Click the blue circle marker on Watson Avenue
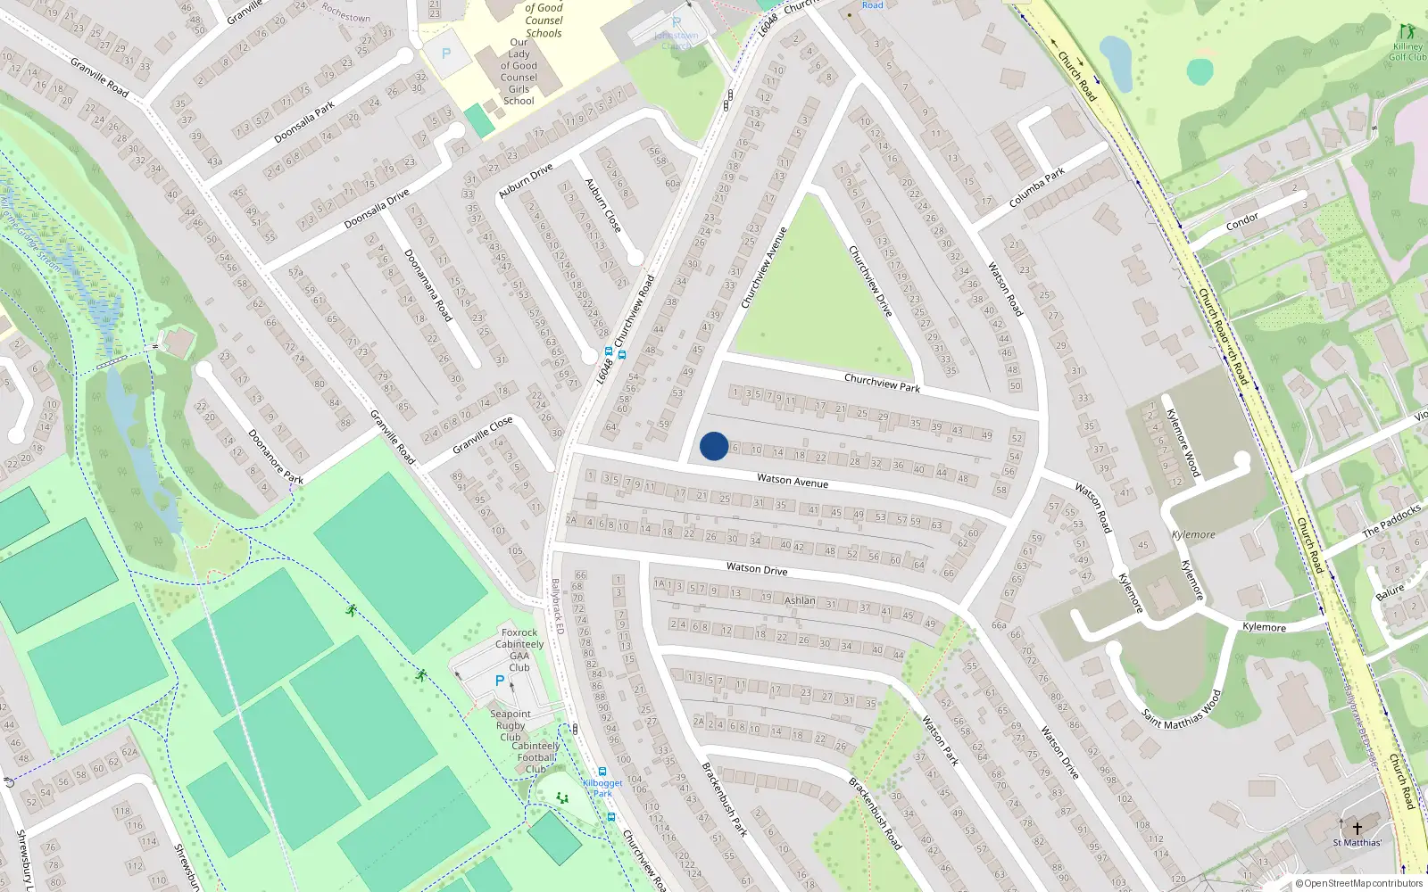tap(714, 446)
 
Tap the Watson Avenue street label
tap(793, 481)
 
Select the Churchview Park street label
tap(882, 383)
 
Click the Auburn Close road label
tap(603, 206)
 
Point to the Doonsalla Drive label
tap(378, 209)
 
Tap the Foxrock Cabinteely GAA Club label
tap(519, 649)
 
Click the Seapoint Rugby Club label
tap(511, 725)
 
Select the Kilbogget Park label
tap(602, 789)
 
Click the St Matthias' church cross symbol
tap(1357, 828)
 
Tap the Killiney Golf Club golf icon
tap(1407, 32)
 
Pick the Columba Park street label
tap(1036, 188)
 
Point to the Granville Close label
tap(483, 434)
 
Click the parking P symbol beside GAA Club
tap(500, 681)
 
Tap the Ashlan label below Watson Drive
tap(800, 600)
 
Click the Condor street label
tap(1242, 221)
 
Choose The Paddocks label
tap(1391, 521)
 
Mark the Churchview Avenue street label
tap(764, 268)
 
